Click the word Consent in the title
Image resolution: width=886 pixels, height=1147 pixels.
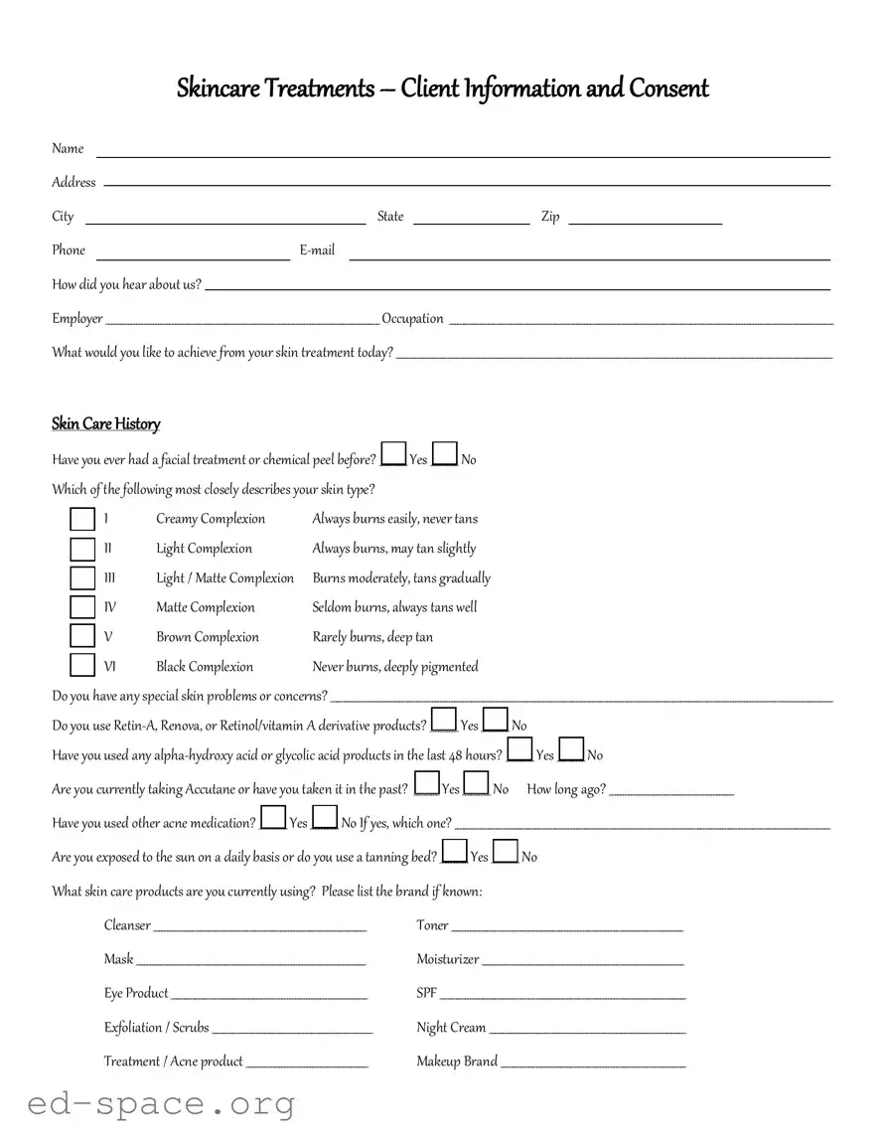668,88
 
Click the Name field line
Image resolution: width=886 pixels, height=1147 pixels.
462,155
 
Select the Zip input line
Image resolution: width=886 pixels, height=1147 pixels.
645,223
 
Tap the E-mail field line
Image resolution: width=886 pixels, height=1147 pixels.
589,256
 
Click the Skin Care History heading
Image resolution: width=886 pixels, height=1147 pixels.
105,424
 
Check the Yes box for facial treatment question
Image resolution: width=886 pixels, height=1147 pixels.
393,455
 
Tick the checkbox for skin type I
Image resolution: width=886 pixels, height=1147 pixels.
82,519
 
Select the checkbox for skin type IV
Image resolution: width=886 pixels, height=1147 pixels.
82,607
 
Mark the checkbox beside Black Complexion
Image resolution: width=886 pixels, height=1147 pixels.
82,666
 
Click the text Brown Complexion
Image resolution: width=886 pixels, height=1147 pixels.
207,637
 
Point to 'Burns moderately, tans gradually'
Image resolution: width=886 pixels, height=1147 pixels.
401,577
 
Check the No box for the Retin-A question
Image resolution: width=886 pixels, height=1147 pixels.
496,722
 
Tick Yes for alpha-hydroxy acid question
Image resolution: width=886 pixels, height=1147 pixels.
519,750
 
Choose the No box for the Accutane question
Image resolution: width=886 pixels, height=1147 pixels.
477,784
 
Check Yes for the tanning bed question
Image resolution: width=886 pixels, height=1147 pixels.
454,852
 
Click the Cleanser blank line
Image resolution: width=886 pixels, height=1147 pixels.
260,929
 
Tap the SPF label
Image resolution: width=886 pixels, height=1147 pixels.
426,993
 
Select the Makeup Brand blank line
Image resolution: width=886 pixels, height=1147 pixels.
593,1065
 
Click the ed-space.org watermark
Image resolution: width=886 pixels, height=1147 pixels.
161,1103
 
